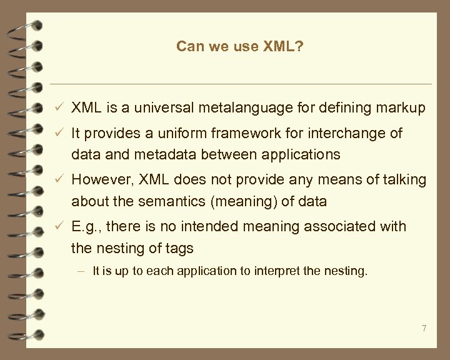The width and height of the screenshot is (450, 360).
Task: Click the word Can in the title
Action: coord(188,46)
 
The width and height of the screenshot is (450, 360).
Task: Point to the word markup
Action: coord(404,108)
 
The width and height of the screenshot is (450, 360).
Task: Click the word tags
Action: coord(179,248)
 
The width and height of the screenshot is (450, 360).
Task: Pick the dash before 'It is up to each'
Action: coord(82,271)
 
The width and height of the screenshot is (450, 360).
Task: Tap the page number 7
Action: coord(424,328)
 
